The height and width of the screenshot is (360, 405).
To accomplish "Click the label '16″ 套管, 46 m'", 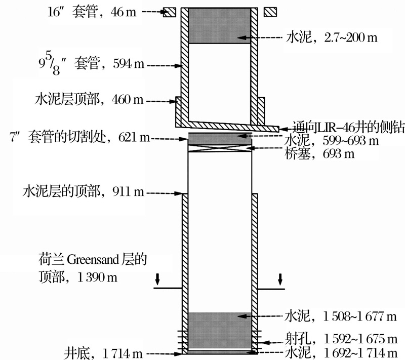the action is click(x=92, y=12).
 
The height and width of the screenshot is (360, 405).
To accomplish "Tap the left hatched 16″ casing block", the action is click(x=170, y=12).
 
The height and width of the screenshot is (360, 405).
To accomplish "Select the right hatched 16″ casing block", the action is click(x=270, y=12).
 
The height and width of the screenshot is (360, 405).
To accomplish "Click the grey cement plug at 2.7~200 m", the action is click(x=219, y=25).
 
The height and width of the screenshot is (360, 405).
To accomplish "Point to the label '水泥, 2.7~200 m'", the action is click(x=332, y=37).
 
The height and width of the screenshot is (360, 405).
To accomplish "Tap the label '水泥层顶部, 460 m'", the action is click(x=89, y=100).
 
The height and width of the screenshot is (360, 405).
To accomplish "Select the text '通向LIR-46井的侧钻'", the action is click(x=348, y=127).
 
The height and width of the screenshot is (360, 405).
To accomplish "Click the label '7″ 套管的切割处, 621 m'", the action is click(x=80, y=137).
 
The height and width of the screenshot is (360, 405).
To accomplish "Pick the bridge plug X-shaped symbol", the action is click(x=220, y=148).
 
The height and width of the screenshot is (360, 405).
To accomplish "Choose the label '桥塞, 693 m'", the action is click(x=320, y=154).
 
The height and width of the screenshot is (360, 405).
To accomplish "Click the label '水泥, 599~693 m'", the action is click(x=332, y=141).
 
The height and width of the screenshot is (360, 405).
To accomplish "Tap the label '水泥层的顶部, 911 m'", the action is click(x=83, y=192).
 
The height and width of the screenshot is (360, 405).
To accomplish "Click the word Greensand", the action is click(x=93, y=260).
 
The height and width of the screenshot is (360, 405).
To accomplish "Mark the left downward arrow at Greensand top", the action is click(x=157, y=279).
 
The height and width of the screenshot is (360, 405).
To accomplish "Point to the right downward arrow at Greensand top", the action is click(x=280, y=279).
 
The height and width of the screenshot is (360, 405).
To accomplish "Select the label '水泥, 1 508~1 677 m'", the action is click(x=340, y=316).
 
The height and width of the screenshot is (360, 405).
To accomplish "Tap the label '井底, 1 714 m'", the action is click(x=103, y=353).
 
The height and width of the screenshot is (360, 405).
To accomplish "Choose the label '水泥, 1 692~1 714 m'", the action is click(x=341, y=353).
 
